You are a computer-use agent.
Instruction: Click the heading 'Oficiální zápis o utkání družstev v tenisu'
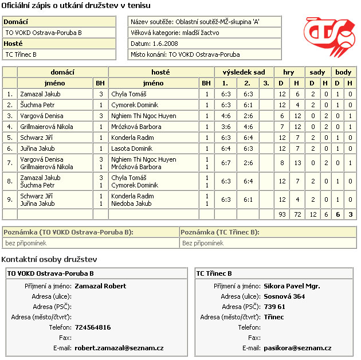(77, 6)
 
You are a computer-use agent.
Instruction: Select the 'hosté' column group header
(160, 72)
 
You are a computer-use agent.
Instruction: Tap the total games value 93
(281, 214)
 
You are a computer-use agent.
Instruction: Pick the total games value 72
(297, 214)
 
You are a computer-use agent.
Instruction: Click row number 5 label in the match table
(10, 138)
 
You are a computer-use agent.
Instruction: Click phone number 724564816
(93, 327)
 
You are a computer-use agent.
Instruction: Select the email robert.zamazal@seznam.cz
(119, 348)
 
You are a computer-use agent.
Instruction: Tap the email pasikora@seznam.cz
(297, 348)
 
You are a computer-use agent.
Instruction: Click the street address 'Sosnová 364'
(284, 296)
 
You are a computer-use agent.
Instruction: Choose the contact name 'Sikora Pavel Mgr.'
(292, 286)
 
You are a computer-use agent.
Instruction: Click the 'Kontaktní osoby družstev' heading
(49, 260)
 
